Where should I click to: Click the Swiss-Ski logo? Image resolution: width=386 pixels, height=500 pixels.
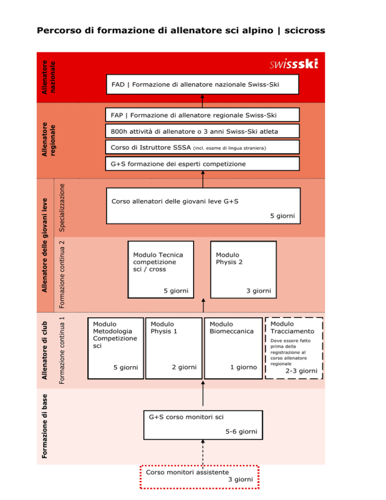[x=294, y=64]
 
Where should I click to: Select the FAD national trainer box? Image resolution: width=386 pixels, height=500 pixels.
[x=203, y=85]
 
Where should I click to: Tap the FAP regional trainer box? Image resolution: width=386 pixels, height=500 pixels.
[x=203, y=115]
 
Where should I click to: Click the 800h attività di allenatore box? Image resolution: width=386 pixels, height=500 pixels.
[x=203, y=131]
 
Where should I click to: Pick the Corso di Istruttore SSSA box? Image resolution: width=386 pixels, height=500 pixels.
[x=203, y=147]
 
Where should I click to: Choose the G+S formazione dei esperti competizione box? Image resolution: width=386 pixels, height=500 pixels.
[x=203, y=163]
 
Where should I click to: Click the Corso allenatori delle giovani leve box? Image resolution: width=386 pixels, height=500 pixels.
[x=204, y=206]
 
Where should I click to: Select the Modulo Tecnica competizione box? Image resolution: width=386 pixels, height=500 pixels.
[x=161, y=270]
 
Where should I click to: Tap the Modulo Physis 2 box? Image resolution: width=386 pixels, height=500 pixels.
[x=244, y=270]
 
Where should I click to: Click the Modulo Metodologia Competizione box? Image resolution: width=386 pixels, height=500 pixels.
[x=116, y=348]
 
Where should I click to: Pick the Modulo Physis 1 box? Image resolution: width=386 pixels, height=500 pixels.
[x=174, y=348]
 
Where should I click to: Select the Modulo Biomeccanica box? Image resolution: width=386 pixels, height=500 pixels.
[x=233, y=348]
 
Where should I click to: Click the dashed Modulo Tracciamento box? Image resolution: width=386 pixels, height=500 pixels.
[x=294, y=348]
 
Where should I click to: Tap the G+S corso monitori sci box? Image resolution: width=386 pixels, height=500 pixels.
[x=203, y=425]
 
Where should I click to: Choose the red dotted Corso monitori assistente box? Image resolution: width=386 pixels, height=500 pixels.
[x=200, y=477]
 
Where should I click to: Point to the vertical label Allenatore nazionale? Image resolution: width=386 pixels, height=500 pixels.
[x=49, y=77]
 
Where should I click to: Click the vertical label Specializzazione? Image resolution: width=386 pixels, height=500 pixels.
[x=62, y=208]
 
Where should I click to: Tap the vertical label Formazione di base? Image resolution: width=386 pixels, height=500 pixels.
[x=45, y=427]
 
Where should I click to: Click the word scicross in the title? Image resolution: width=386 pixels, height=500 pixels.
[x=305, y=31]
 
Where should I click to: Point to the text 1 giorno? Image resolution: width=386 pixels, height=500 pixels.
[x=244, y=367]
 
